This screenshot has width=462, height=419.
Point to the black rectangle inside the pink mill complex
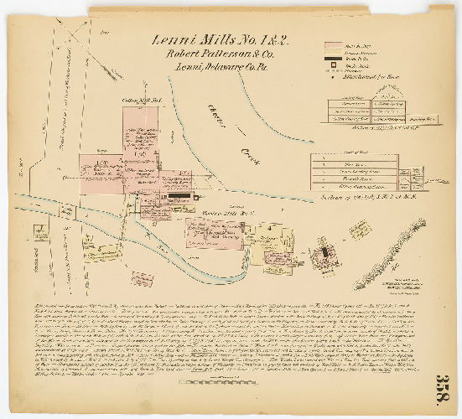179,196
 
